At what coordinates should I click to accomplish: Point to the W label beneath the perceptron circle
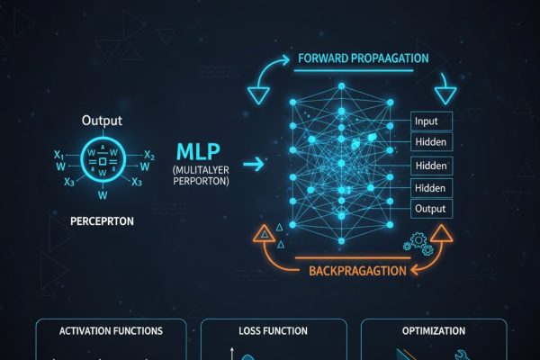[102, 194]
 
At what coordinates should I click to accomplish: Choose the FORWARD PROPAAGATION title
[363, 59]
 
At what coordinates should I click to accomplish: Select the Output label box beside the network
[430, 208]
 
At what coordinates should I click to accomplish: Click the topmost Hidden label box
[430, 142]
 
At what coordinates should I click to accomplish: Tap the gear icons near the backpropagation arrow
[417, 242]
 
